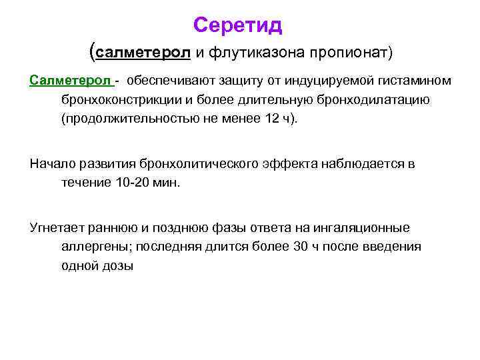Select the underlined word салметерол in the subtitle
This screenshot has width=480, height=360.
coord(144,52)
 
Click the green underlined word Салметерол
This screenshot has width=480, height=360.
coord(70,81)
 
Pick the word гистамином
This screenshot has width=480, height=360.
coord(415,81)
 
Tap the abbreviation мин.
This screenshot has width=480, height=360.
coord(167,183)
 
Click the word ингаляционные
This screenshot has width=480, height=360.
coord(367,228)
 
